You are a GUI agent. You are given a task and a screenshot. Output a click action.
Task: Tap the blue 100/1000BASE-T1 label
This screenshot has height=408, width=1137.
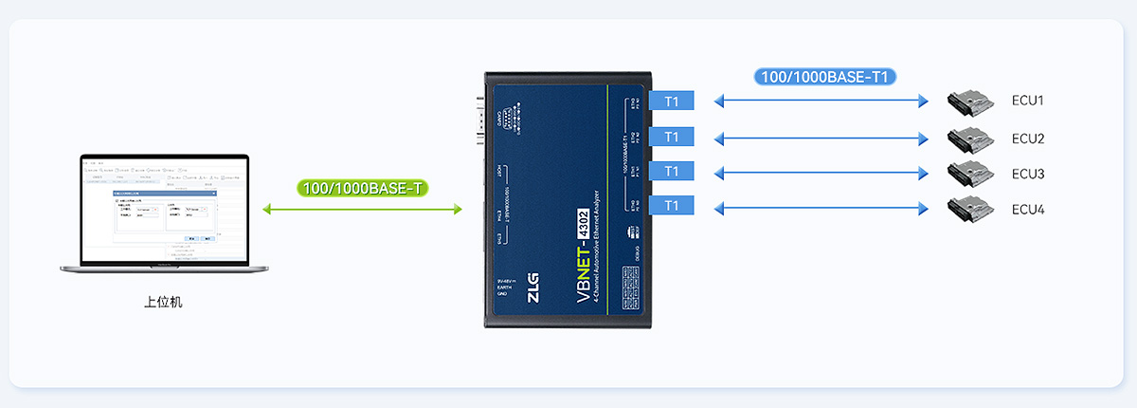click(x=825, y=76)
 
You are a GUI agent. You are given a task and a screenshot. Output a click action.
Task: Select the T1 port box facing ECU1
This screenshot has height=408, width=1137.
click(x=672, y=101)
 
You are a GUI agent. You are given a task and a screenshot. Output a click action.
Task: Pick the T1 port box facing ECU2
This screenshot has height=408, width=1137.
click(x=672, y=137)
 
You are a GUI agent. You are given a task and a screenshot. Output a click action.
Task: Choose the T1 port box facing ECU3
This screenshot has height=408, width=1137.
click(x=672, y=171)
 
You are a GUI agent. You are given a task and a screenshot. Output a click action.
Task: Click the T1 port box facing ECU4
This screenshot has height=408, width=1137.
click(x=672, y=205)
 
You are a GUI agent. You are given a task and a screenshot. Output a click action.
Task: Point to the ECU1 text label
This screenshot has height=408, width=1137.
click(x=1028, y=101)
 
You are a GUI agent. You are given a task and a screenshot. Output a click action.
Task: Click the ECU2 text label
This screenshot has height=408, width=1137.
click(x=1028, y=139)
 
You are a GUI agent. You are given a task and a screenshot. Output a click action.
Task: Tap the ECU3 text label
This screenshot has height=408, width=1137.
click(x=1028, y=174)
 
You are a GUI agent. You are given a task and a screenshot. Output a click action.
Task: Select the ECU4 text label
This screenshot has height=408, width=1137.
click(x=1028, y=209)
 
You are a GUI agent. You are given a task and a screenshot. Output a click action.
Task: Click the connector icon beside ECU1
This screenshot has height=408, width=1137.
click(x=968, y=100)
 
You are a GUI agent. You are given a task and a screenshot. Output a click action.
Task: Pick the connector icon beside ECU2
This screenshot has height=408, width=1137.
click(x=968, y=138)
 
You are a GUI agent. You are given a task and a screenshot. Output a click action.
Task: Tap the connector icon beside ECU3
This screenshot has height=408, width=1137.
click(x=968, y=173)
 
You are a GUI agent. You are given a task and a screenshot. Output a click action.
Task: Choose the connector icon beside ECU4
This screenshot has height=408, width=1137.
click(x=968, y=208)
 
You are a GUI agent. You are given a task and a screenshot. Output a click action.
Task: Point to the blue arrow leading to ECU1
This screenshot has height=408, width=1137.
click(x=821, y=101)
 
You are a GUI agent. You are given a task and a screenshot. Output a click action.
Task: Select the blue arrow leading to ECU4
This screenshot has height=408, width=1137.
click(x=821, y=207)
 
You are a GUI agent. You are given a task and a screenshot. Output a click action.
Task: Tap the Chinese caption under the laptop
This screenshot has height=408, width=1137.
click(x=162, y=303)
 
